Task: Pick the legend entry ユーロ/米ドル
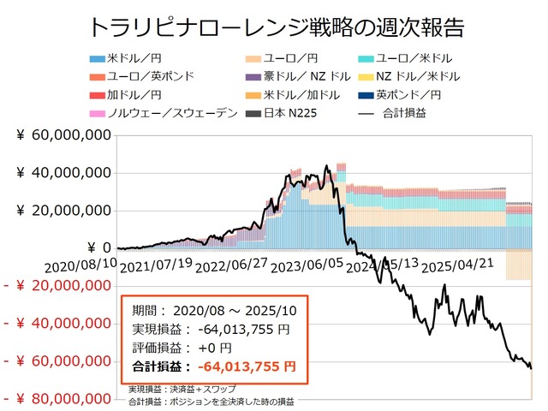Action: pos(440,58)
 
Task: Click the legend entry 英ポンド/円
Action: pos(440,94)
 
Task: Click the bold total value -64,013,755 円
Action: pos(247,366)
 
